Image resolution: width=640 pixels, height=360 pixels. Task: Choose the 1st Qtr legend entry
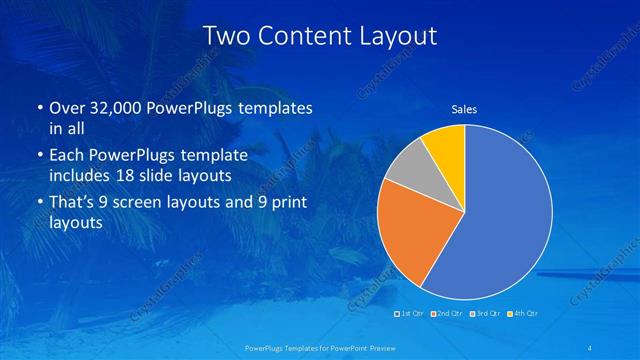410,314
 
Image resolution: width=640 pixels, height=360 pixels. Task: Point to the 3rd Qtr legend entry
485,314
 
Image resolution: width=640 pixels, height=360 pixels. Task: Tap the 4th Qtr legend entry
523,314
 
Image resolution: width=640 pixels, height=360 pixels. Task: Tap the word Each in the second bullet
67,157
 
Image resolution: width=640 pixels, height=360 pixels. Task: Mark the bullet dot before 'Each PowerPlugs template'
39,157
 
